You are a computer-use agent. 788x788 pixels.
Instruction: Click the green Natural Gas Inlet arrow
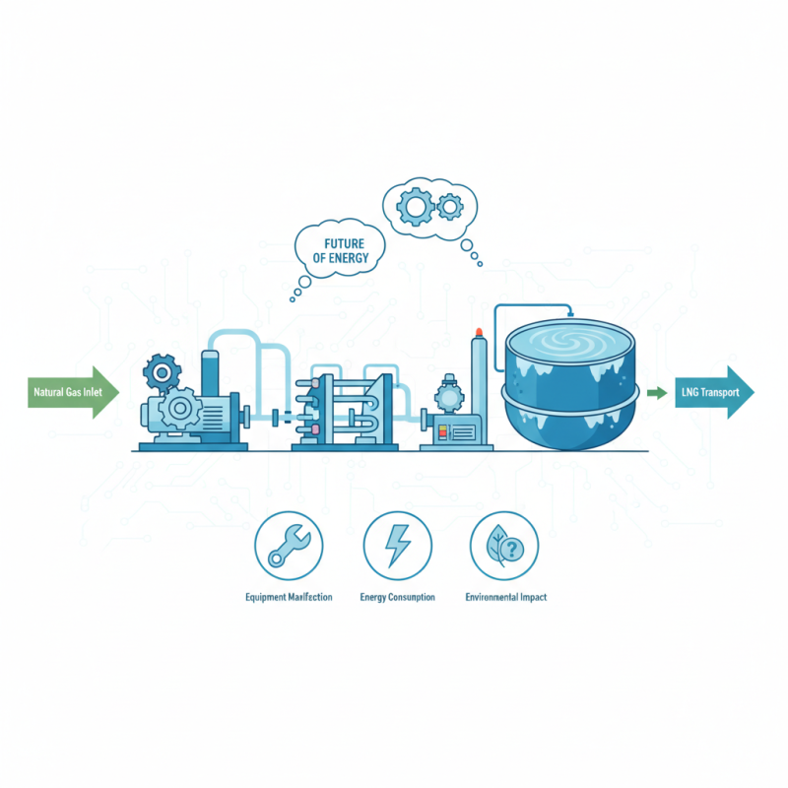point(74,392)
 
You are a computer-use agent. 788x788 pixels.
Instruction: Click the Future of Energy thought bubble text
point(338,248)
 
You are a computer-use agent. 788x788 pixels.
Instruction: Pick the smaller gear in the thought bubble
point(450,206)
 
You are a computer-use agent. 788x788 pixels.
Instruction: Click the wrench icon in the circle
point(289,545)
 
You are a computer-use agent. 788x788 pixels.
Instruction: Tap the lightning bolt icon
point(397,545)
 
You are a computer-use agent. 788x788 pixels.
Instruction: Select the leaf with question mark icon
point(504,545)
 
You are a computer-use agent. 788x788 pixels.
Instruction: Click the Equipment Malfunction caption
point(289,598)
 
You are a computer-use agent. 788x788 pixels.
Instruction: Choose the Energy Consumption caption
point(397,598)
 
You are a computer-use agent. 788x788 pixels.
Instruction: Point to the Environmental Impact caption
point(505,598)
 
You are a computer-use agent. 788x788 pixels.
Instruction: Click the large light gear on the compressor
point(181,408)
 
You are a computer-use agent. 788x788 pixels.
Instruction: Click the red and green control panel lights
point(444,431)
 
